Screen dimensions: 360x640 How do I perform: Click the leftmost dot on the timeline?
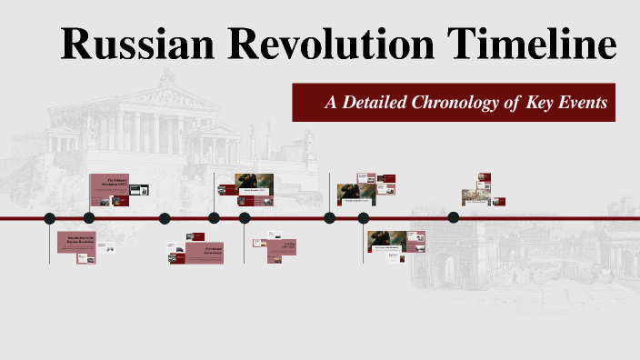tap(49, 218)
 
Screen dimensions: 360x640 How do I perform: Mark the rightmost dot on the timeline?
tap(454, 217)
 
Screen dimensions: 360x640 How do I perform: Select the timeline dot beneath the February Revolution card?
tap(89, 218)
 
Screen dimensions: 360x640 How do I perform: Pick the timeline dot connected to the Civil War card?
tap(245, 218)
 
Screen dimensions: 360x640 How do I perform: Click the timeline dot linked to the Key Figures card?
tap(364, 218)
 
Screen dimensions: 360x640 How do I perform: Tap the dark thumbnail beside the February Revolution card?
tap(139, 189)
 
